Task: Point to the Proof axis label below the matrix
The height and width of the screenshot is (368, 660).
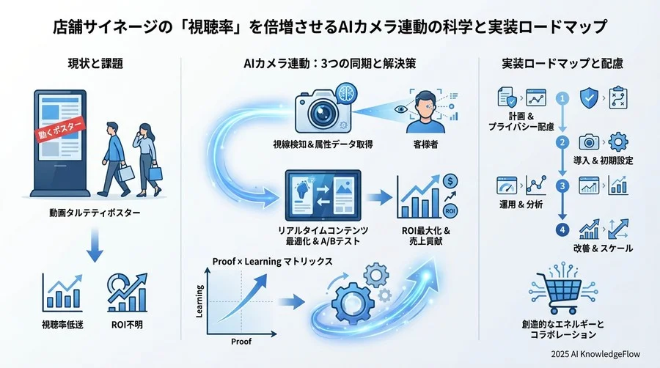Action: pos(241,342)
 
